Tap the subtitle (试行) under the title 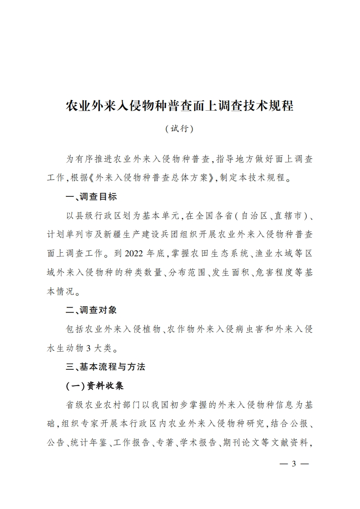pyautogui.click(x=180, y=129)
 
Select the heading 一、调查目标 pyautogui.click(x=91, y=197)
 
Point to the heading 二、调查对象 pyautogui.click(x=91, y=310)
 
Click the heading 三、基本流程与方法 pyautogui.click(x=105, y=367)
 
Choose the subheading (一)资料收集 pyautogui.click(x=95, y=386)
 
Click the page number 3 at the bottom pyautogui.click(x=294, y=464)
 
